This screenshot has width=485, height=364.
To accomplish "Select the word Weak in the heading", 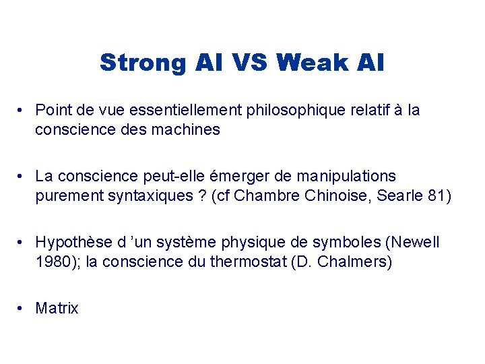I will coord(312,63).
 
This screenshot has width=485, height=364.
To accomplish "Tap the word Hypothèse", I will coord(69,242).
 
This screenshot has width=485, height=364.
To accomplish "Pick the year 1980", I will coord(52,262).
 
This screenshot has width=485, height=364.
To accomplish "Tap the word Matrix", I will coord(57,309).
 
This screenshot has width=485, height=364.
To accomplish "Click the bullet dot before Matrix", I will coord(22,309).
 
